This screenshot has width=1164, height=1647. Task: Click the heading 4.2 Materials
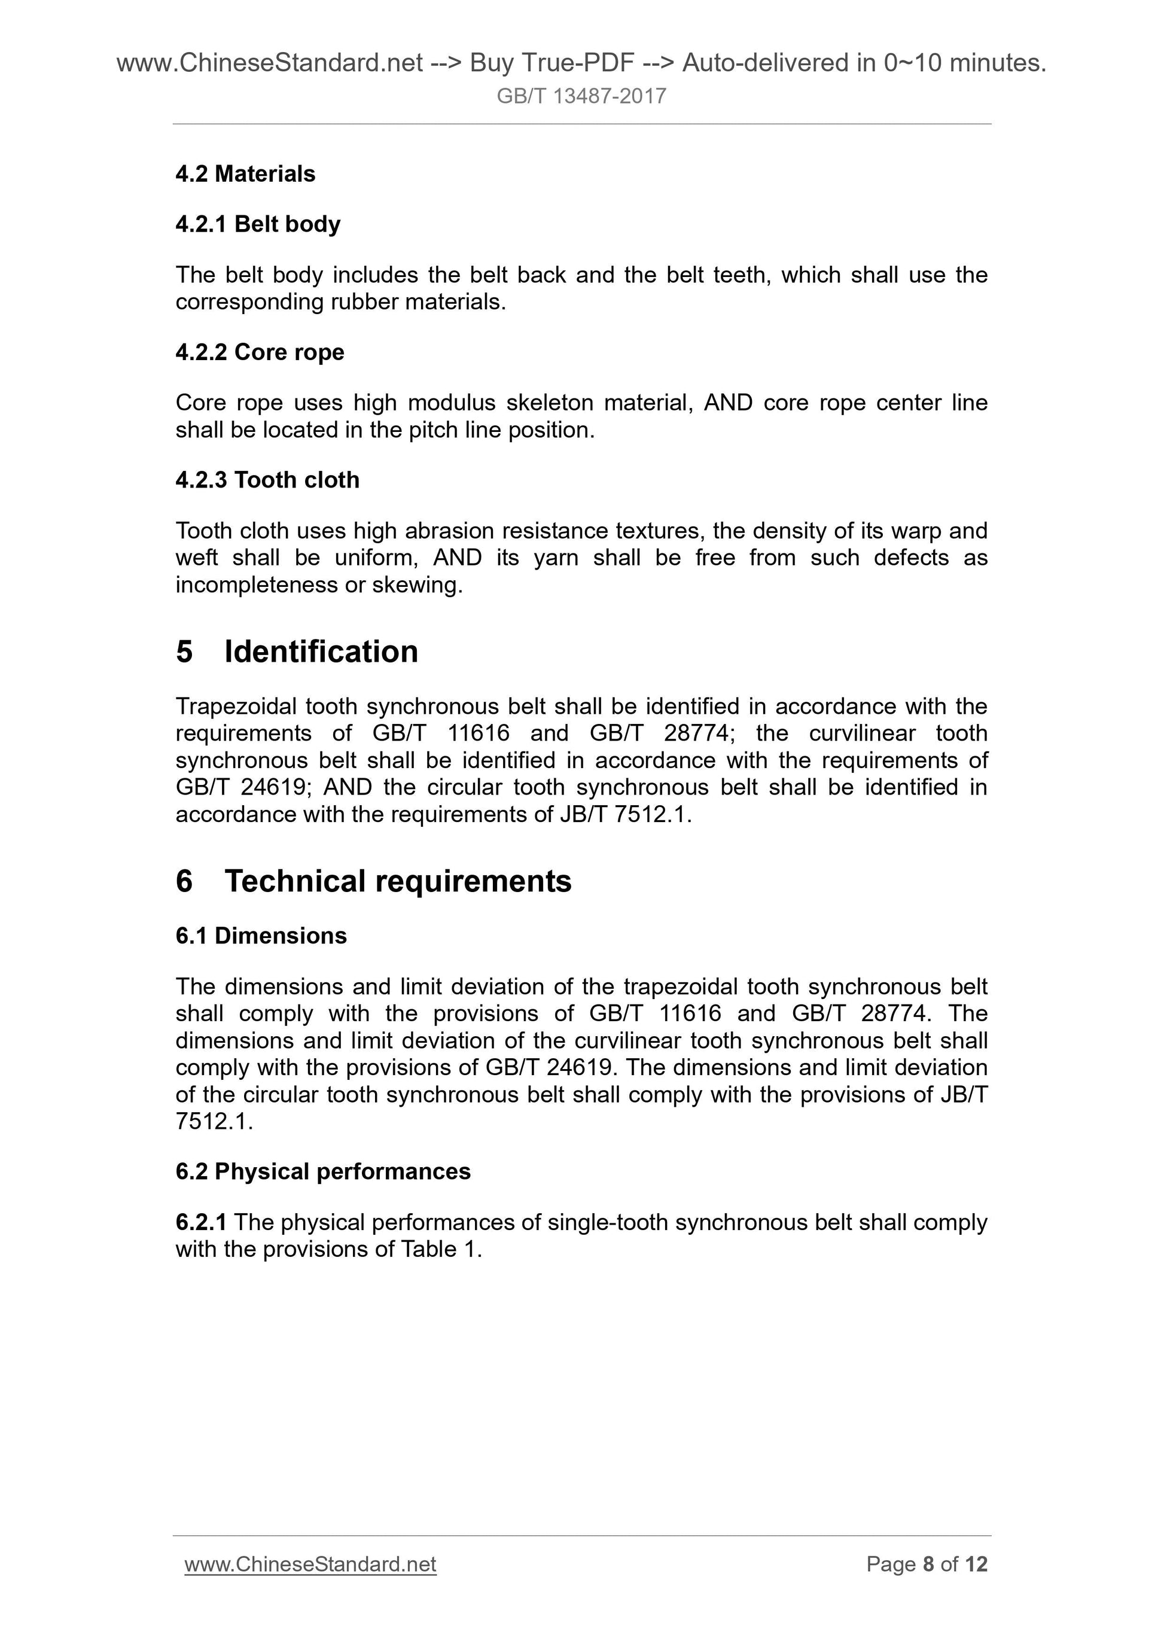[245, 173]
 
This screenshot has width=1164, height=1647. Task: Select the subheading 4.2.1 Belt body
[258, 224]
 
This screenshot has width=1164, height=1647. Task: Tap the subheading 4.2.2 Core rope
[260, 352]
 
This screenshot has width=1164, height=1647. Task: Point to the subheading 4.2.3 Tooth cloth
[267, 480]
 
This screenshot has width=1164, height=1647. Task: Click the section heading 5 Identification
[297, 652]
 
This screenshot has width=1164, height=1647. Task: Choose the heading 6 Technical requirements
[373, 881]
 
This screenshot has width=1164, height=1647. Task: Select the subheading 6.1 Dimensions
[261, 936]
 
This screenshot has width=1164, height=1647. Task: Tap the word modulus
[451, 403]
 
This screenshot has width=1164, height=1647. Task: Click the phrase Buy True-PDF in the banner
[551, 63]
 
